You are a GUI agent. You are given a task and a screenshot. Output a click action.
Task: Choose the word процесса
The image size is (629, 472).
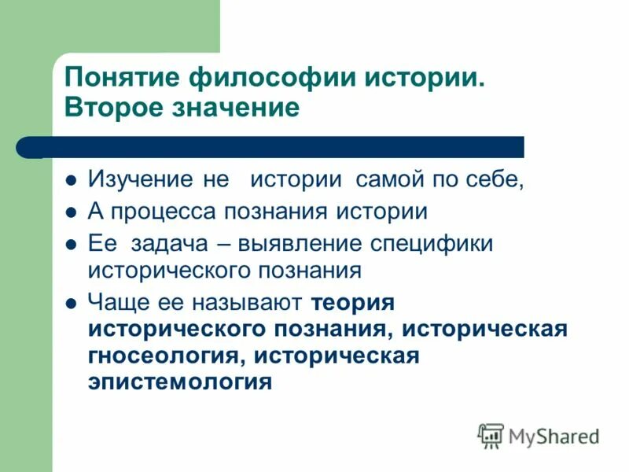(x=163, y=212)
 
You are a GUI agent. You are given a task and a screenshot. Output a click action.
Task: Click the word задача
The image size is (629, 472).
(x=170, y=244)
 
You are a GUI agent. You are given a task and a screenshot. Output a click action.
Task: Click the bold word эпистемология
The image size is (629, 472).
(x=180, y=382)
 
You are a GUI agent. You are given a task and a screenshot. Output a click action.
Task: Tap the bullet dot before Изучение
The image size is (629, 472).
(x=71, y=179)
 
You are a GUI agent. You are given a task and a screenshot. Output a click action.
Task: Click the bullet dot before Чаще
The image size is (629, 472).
(x=71, y=303)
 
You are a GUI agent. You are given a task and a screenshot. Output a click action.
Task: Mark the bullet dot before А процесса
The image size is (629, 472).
(x=71, y=212)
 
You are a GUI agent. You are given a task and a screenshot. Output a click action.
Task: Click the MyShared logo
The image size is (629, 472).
(x=539, y=435)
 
